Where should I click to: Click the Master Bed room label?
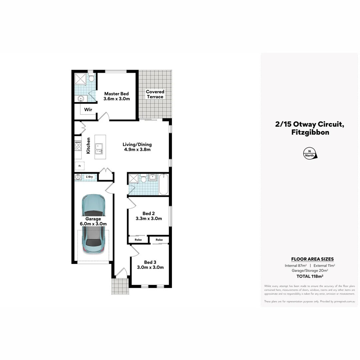[116, 94]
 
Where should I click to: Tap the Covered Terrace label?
[155, 94]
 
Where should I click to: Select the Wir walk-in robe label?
[88, 110]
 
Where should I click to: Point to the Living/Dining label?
[137, 144]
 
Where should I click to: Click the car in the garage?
[94, 223]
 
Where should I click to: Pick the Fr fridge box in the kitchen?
[80, 166]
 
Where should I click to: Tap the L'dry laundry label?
[89, 177]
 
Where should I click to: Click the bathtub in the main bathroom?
[164, 184]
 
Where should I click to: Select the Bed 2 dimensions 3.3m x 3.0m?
[149, 219]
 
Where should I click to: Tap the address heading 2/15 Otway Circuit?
[309, 124]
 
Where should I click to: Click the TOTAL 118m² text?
[310, 276]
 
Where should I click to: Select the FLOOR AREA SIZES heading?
[312, 259]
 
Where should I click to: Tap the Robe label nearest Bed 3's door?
[138, 240]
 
